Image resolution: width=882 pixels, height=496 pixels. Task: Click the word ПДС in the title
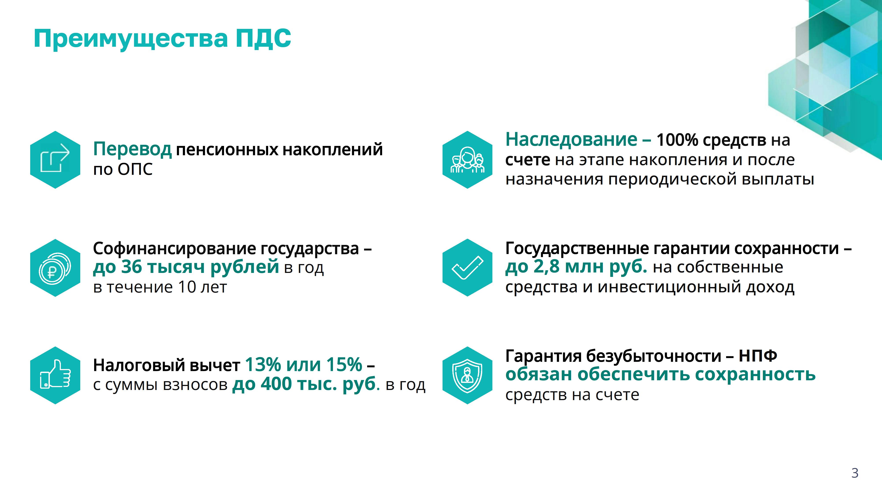point(263,38)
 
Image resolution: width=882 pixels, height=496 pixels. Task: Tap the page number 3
point(855,473)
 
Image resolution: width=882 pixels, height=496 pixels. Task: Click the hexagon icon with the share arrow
point(55,160)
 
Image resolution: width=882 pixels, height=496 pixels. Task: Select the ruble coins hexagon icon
point(55,268)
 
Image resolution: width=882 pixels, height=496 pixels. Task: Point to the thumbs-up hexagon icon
point(55,375)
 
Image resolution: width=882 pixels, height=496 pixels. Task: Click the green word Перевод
point(132,150)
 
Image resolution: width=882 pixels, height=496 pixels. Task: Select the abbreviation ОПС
point(135,169)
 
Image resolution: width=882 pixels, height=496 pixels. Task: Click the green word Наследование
point(571,140)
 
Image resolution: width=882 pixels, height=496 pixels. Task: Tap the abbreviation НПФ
point(757,356)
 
